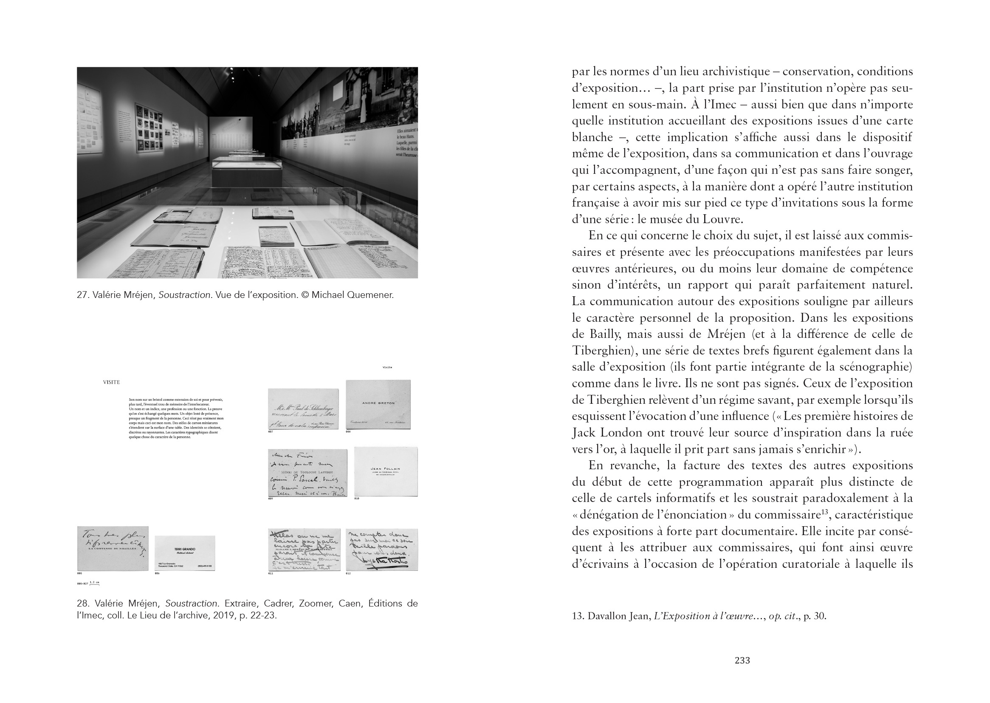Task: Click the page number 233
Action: (742, 660)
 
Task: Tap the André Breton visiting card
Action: (378, 404)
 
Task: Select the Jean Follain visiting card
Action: (386, 471)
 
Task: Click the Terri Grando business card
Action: (185, 553)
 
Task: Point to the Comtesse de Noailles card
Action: (113, 548)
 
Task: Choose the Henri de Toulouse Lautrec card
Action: (307, 473)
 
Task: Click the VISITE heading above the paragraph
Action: (111, 382)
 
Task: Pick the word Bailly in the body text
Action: (606, 334)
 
